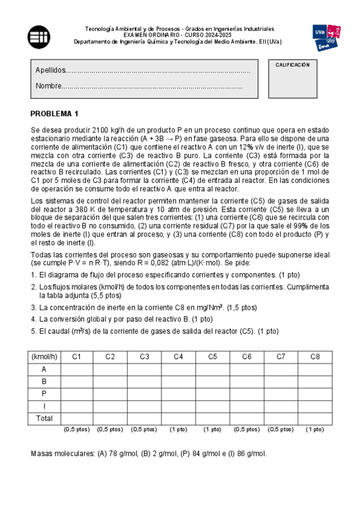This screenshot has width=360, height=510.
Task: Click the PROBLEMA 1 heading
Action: point(55,114)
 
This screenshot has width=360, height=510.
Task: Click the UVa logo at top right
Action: point(327,38)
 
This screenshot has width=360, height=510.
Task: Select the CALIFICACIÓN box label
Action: point(292,65)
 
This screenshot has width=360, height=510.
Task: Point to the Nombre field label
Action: point(48,87)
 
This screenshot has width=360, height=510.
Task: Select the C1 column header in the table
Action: point(76,357)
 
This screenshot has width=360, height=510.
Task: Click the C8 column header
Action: point(315,357)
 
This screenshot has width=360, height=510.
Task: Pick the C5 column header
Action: point(213,357)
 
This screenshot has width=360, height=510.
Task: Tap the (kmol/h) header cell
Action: point(45,357)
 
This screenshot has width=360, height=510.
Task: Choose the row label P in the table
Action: point(44,394)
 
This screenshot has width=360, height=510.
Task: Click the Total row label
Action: point(44,418)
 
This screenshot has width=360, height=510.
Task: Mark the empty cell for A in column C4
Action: point(178,370)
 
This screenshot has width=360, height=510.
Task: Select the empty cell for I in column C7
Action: point(281,406)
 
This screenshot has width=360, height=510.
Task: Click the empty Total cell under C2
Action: point(110,418)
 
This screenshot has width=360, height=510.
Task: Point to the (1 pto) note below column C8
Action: point(315,429)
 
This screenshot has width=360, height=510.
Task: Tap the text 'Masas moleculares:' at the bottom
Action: point(62,453)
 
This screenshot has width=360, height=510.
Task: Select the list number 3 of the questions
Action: point(33,307)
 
